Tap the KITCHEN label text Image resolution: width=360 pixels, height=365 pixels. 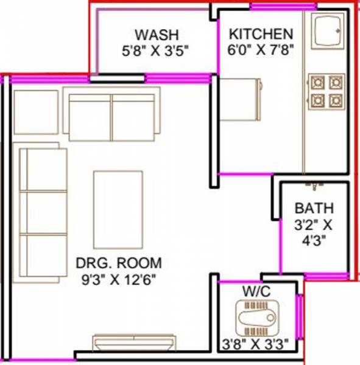point(261,33)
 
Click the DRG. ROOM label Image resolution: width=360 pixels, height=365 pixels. point(119,263)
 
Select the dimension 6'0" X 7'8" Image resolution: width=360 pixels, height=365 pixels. point(261,51)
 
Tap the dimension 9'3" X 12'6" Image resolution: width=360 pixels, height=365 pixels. point(119,281)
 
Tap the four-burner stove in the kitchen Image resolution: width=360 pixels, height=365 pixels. point(326,91)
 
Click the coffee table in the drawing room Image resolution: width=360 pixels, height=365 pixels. point(118,201)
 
